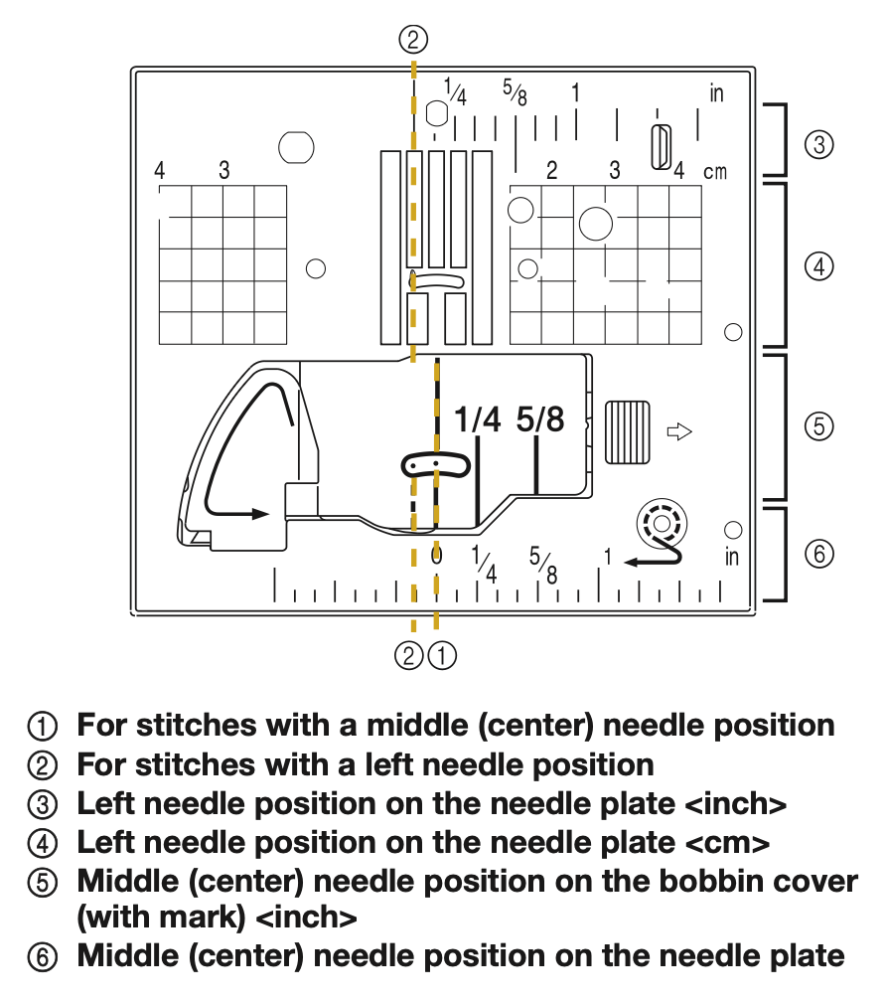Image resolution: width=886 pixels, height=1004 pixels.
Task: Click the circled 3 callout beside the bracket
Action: (818, 145)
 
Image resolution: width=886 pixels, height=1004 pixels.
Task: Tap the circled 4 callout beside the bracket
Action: (818, 266)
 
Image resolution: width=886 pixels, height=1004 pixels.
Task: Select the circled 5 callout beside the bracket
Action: (818, 426)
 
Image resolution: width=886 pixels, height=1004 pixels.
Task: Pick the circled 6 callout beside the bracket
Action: (818, 555)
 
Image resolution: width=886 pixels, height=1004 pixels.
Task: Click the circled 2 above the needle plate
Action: (413, 40)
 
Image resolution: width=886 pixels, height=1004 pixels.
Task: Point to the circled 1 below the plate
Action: (442, 656)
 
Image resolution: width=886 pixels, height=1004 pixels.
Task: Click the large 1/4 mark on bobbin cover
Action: (478, 420)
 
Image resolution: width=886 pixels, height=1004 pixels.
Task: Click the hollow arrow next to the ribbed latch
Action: (678, 431)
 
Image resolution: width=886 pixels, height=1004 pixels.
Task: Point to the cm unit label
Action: (714, 172)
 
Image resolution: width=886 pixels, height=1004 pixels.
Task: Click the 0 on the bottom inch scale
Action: (436, 555)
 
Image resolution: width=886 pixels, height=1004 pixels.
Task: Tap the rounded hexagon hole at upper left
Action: (296, 146)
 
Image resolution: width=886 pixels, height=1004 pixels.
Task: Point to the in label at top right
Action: (717, 94)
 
